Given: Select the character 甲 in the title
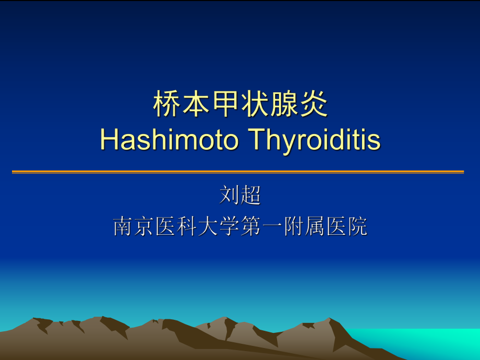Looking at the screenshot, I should pos(225,105).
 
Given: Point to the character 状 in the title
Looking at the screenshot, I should pos(255,105).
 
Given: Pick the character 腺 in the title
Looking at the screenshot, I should pos(284,105).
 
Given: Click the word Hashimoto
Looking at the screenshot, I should pos(169,140).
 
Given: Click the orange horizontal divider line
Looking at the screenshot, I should pos(238,172).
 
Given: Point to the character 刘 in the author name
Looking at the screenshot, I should pos(230,196).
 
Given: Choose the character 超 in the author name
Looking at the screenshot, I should pos(251,196).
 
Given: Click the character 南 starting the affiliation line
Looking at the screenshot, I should pos(124,226).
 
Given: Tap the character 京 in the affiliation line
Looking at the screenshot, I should pos(145,226).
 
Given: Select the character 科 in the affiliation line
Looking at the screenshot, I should pos(187,226).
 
